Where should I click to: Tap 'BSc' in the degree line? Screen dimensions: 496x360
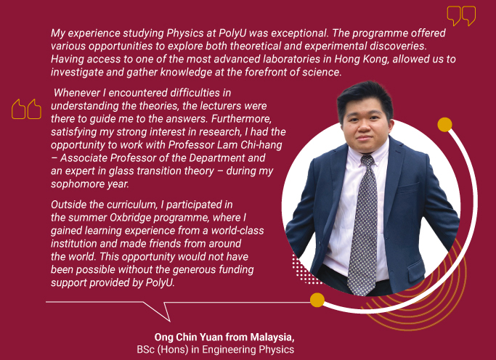pos(145,350)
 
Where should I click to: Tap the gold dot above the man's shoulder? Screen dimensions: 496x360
pos(444,125)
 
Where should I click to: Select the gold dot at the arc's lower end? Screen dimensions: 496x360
pos(317,300)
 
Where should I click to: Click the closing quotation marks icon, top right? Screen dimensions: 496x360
pos(461,16)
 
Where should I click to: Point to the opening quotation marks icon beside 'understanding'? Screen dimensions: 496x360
pos(27,109)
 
